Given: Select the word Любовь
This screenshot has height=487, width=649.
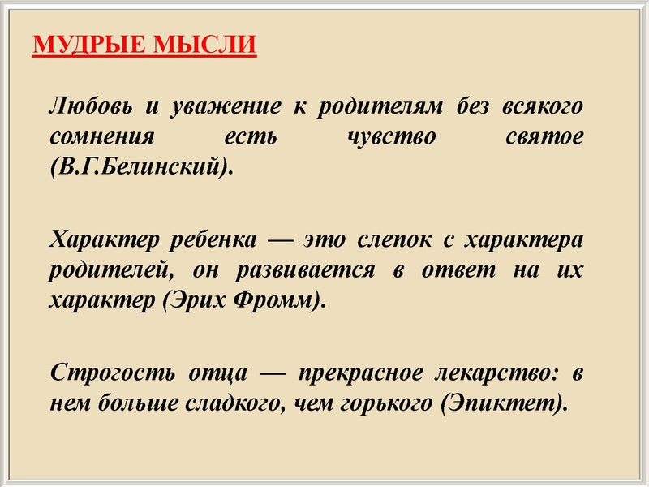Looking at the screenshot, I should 87,106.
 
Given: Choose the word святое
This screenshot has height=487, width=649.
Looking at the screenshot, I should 542,137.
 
